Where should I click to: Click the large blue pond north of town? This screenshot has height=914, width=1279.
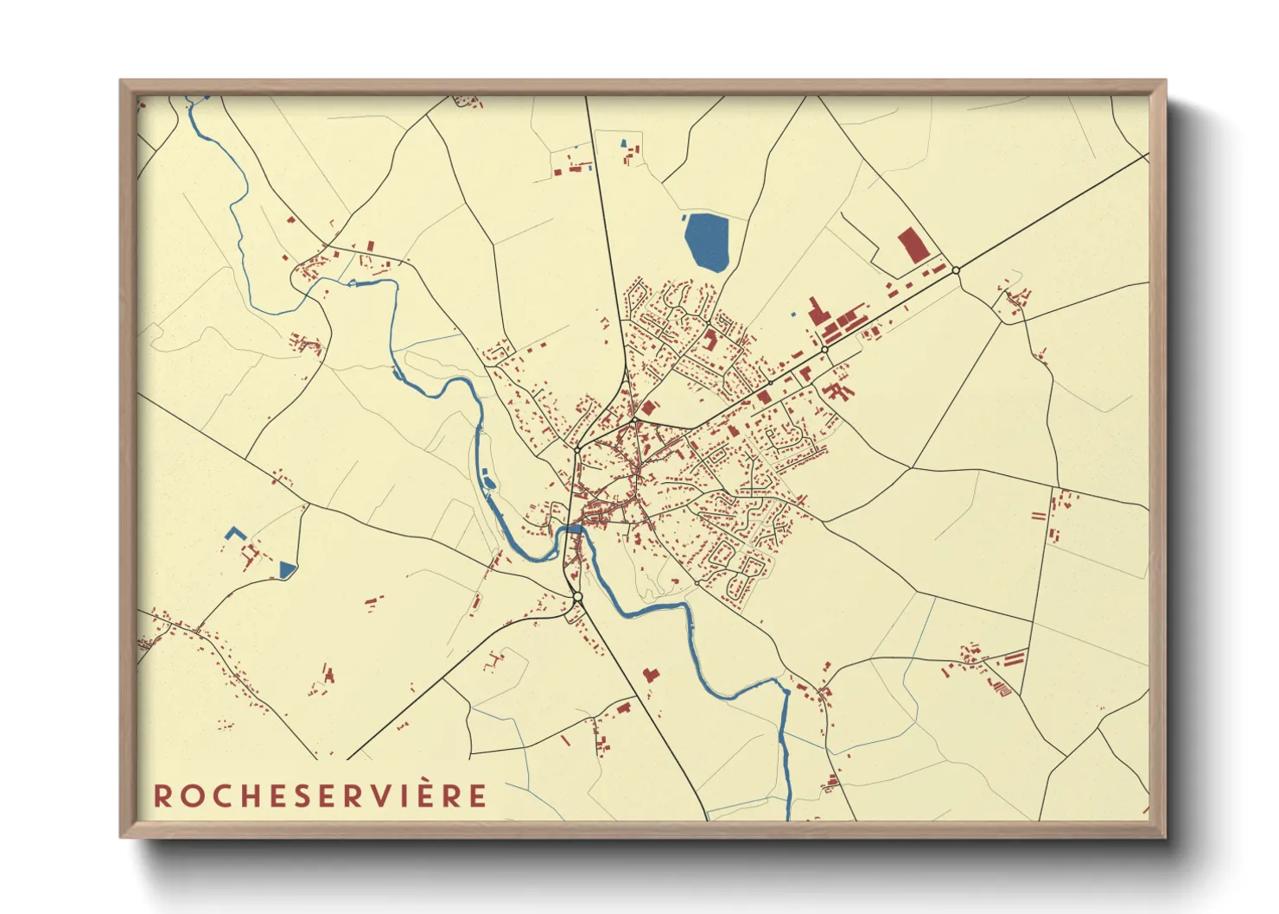tap(706, 240)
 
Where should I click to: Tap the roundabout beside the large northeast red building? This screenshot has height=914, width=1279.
tap(956, 270)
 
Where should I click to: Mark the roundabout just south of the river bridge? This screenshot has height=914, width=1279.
tap(577, 597)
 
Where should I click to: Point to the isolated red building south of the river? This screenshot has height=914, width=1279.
tap(650, 674)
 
